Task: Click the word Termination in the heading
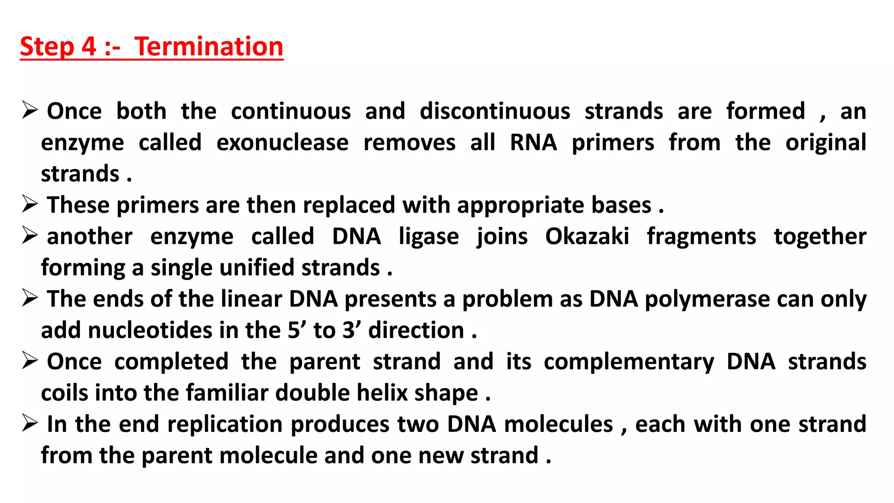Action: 209,46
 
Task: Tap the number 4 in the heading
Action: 89,46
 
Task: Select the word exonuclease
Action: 282,143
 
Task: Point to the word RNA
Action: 533,143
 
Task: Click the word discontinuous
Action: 495,111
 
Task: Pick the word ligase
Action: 429,237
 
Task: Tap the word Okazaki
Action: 587,237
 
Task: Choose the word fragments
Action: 701,237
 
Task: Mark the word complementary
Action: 629,362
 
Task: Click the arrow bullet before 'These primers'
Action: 30,204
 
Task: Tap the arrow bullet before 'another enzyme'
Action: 30,235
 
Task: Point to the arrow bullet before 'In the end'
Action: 30,423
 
